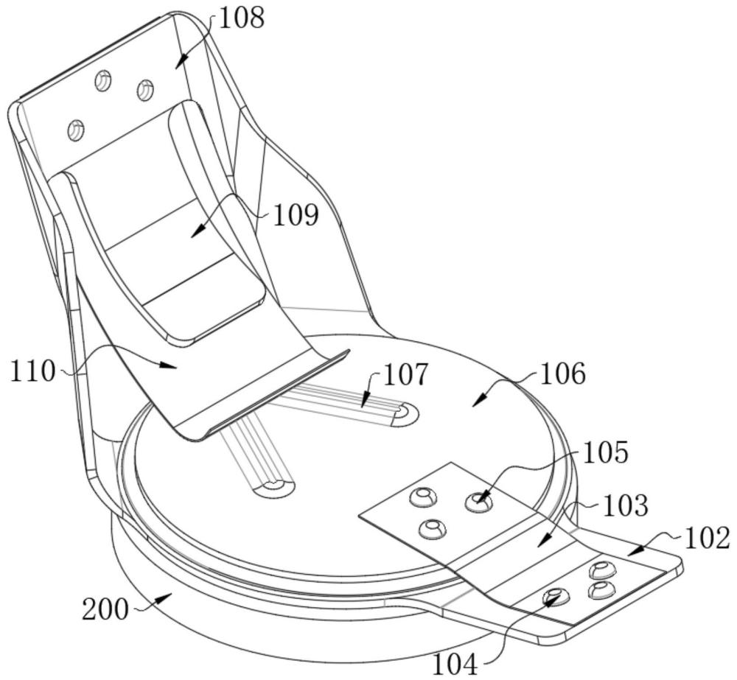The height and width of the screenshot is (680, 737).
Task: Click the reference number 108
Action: (x=242, y=18)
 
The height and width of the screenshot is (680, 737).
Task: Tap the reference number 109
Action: (x=296, y=215)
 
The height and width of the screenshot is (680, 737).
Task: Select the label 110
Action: (x=32, y=372)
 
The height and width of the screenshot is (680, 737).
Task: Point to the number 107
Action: (x=406, y=374)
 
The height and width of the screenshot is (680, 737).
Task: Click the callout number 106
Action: (x=563, y=374)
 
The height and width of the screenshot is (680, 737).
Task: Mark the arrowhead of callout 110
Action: (x=169, y=365)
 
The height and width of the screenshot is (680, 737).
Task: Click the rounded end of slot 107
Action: (x=406, y=414)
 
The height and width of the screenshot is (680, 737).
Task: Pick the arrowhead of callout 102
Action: (x=635, y=550)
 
